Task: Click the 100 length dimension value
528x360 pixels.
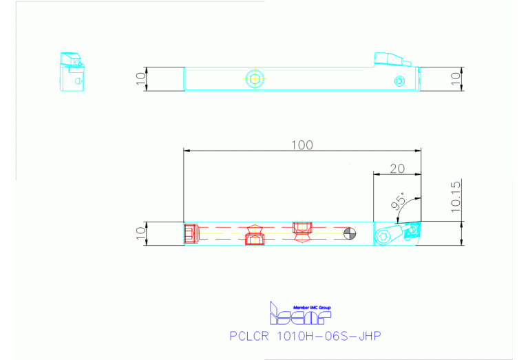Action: (x=302, y=145)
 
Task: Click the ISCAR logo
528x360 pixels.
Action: (x=300, y=315)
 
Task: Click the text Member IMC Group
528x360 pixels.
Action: (x=313, y=306)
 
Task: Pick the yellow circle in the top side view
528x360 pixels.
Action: (x=255, y=78)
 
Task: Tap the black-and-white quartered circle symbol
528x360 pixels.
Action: (x=350, y=234)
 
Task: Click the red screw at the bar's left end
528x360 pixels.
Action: (x=191, y=233)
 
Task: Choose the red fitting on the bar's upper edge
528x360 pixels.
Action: (x=302, y=228)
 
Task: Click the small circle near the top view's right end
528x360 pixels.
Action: (x=399, y=81)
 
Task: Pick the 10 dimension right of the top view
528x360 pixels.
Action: (x=454, y=78)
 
